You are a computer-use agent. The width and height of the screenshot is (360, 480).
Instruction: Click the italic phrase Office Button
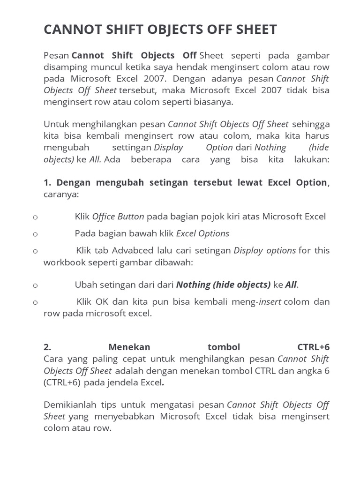click(x=118, y=217)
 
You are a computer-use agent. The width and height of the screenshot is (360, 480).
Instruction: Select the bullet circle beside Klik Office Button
click(x=35, y=217)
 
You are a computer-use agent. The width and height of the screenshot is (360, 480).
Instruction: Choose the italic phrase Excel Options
click(x=202, y=233)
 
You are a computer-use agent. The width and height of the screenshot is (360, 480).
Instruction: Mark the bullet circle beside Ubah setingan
click(x=35, y=285)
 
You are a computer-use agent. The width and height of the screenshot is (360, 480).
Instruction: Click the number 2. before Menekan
click(x=47, y=347)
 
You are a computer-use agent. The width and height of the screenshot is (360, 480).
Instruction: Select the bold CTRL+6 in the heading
click(x=313, y=347)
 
